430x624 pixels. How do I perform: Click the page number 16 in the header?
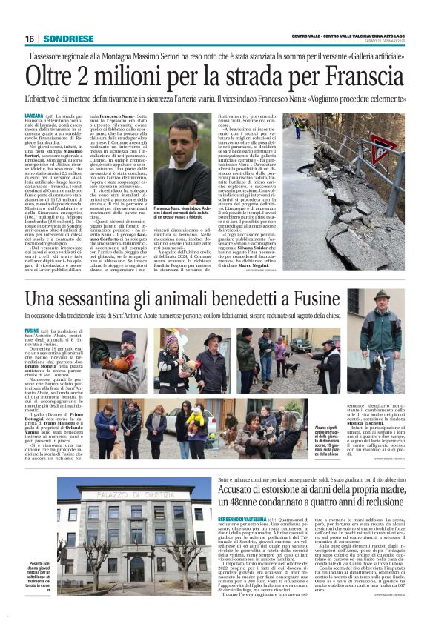pos(29,39)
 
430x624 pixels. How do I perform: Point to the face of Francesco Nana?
pos(181,140)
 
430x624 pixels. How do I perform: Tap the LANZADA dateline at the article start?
pos(34,117)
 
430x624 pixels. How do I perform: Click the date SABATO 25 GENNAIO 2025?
pos(390,42)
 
